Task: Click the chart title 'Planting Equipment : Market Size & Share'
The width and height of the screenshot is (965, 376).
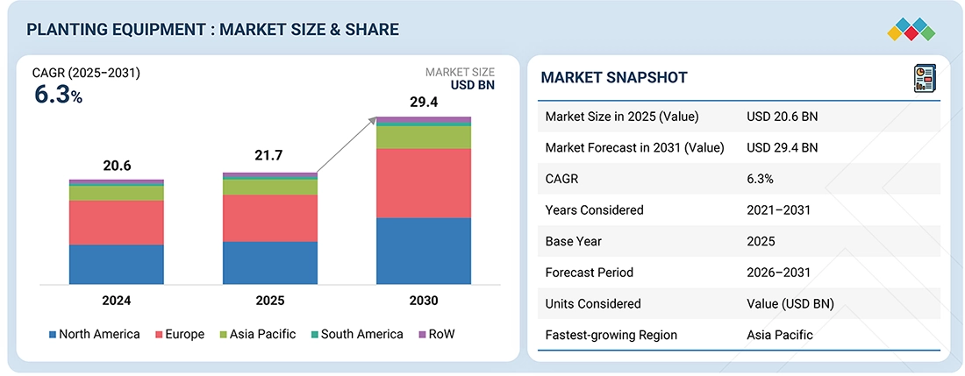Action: [212, 30]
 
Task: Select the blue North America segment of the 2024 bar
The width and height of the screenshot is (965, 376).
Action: [117, 264]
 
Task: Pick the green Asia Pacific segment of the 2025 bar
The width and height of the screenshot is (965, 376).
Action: [270, 187]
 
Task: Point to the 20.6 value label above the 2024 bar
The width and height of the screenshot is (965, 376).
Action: [117, 165]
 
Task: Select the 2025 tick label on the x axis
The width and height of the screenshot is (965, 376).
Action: [270, 301]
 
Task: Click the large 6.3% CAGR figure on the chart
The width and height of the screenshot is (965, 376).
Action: [58, 96]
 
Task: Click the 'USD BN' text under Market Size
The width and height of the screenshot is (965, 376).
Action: [473, 86]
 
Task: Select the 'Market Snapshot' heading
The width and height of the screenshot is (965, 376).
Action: [613, 78]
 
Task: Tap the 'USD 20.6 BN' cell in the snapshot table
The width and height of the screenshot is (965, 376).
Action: [782, 117]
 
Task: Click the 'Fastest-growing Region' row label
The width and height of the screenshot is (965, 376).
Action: [611, 335]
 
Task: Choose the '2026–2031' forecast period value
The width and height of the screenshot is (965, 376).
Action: [778, 273]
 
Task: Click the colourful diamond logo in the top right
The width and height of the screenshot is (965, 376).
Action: [911, 29]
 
